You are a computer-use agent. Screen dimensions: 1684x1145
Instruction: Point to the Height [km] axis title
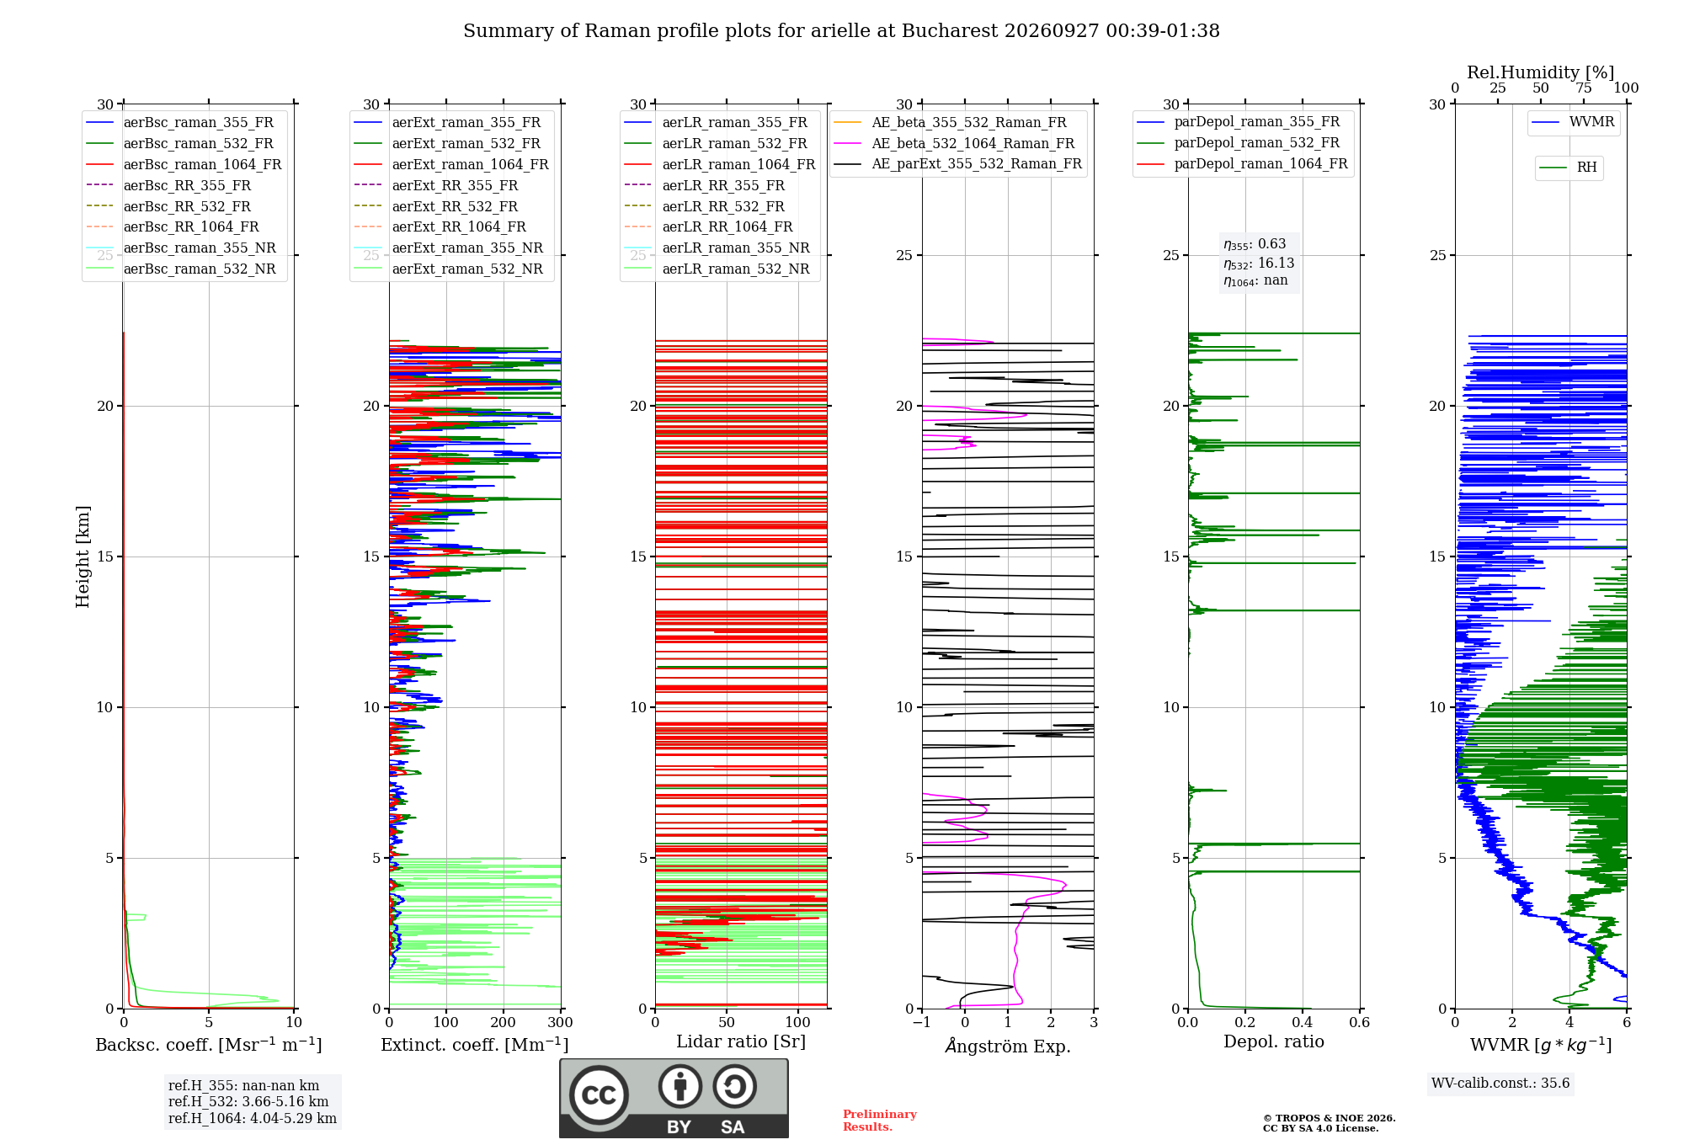coord(83,557)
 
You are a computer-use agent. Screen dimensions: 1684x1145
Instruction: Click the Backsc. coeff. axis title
coord(209,1044)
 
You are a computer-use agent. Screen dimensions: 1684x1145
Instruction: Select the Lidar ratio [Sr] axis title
coord(741,1041)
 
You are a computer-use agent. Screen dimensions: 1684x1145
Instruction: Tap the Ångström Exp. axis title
coord(1008,1045)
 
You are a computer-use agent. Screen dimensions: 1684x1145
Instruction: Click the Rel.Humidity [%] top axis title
coord(1540,72)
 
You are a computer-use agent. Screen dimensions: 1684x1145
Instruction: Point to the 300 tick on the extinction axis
coord(560,1022)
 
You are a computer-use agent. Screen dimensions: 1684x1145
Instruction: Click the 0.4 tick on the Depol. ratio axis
coord(1302,1022)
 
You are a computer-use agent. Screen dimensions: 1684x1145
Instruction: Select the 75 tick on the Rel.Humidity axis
coord(1583,88)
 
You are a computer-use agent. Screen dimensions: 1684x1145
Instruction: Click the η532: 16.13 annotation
coord(1259,263)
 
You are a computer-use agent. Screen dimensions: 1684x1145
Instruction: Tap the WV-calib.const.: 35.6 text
coord(1500,1083)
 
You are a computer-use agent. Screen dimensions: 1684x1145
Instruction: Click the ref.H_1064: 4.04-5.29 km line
coord(253,1118)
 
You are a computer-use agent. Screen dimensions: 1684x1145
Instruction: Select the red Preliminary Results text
coord(880,1121)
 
